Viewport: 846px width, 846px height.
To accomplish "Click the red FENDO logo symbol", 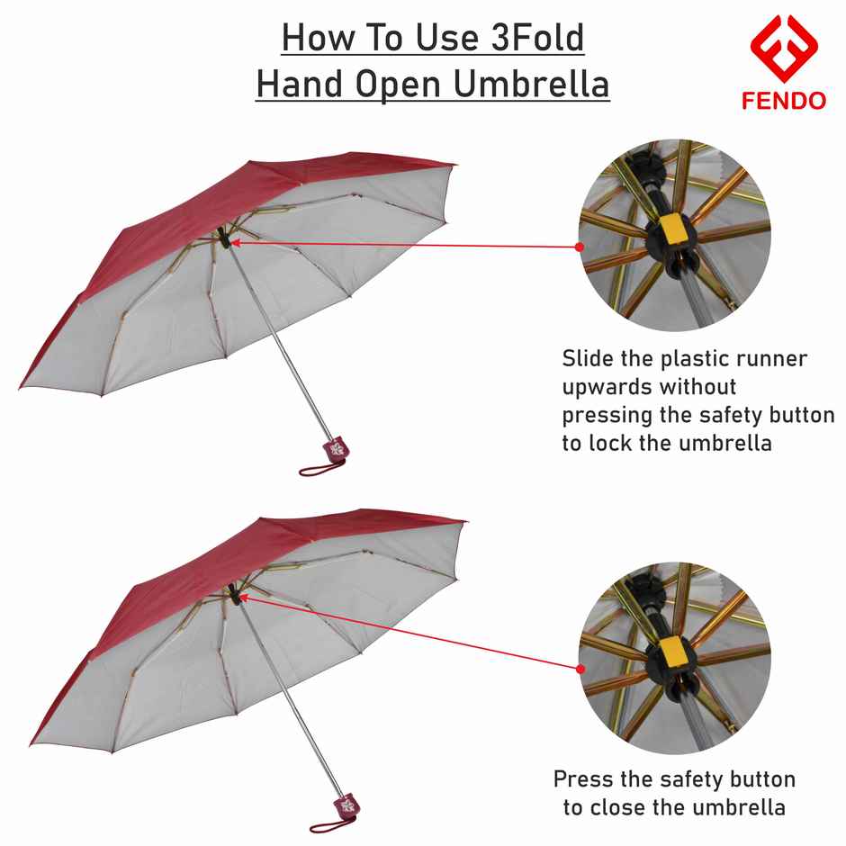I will pyautogui.click(x=783, y=49).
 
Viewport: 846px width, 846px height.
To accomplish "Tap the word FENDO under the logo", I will pyautogui.click(x=783, y=101).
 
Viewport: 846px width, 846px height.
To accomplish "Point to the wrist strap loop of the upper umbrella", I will pyautogui.click(x=318, y=468).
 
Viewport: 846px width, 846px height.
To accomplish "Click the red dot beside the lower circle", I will pyautogui.click(x=580, y=669).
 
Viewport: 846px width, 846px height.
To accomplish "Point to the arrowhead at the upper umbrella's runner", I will pyautogui.click(x=237, y=240).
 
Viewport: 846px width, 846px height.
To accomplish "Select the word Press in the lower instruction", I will pyautogui.click(x=583, y=778).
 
